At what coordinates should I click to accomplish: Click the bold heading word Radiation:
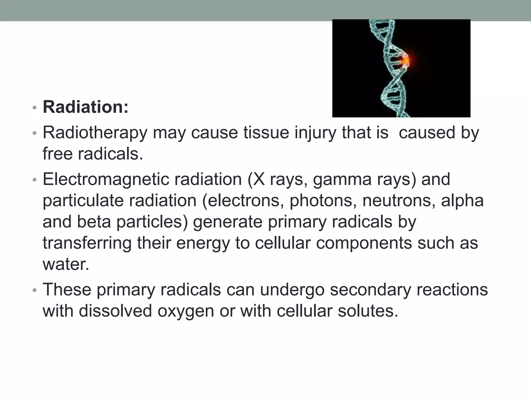[86, 107]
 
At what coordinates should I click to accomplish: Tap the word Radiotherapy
[95, 133]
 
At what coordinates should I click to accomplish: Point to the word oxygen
[186, 311]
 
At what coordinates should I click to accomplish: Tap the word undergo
[292, 290]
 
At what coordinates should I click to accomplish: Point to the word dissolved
[115, 311]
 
